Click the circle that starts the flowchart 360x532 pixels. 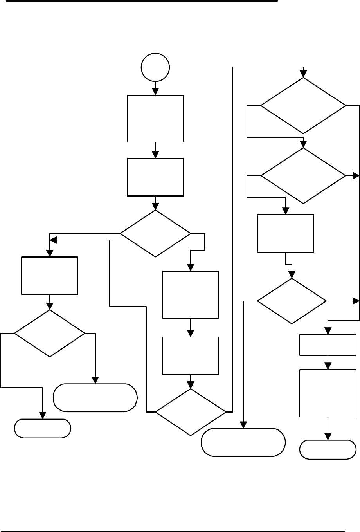[155, 67]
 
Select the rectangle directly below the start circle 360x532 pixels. [155, 118]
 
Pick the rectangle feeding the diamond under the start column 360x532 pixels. [155, 177]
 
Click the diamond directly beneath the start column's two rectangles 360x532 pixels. [155, 233]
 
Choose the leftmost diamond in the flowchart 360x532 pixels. [50, 334]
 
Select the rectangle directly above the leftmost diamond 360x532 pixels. [50, 276]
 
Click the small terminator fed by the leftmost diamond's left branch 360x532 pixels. [43, 428]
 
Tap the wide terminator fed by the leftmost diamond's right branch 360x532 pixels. [95, 398]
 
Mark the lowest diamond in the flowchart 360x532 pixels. [191, 412]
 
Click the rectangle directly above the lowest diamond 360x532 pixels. [191, 355]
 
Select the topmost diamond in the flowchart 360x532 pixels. [303, 106]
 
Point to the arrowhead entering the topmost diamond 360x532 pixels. [303, 74]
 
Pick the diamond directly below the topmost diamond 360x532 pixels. [303, 175]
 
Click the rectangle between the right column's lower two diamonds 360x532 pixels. [286, 233]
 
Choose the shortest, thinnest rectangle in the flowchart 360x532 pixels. [328, 345]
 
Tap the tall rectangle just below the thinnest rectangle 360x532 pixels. [328, 393]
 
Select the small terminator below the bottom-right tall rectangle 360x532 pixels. [328, 449]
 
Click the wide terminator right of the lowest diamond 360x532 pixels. [243, 442]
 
